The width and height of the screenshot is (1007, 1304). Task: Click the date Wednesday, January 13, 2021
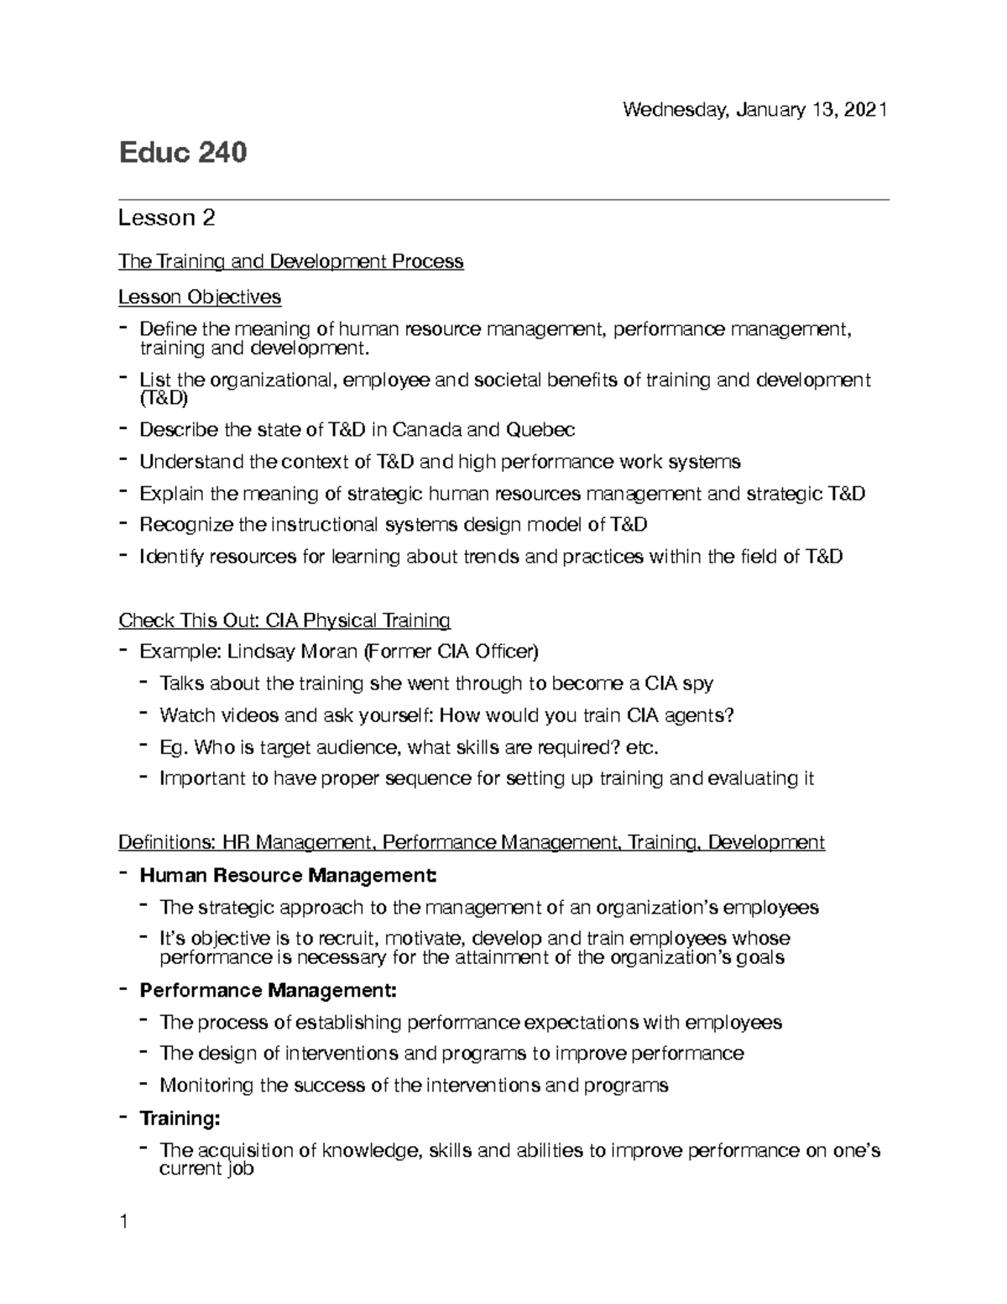tap(754, 110)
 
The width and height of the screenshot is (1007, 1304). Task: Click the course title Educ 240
tap(182, 153)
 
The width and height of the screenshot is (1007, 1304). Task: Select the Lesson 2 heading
tap(166, 218)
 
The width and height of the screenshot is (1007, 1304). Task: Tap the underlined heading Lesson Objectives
tap(200, 297)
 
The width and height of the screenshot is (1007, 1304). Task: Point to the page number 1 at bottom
tap(123, 1222)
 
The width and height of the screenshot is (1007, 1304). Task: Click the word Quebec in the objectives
tap(540, 430)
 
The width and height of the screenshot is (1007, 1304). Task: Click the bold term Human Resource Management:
tap(288, 876)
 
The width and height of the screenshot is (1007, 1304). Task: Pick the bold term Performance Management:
tap(268, 991)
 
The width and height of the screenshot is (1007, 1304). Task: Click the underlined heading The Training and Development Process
tap(290, 262)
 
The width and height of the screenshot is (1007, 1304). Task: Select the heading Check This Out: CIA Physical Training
tap(284, 621)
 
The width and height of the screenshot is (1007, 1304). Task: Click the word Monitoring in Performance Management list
tap(206, 1086)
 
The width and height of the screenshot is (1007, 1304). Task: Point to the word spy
tap(698, 683)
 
